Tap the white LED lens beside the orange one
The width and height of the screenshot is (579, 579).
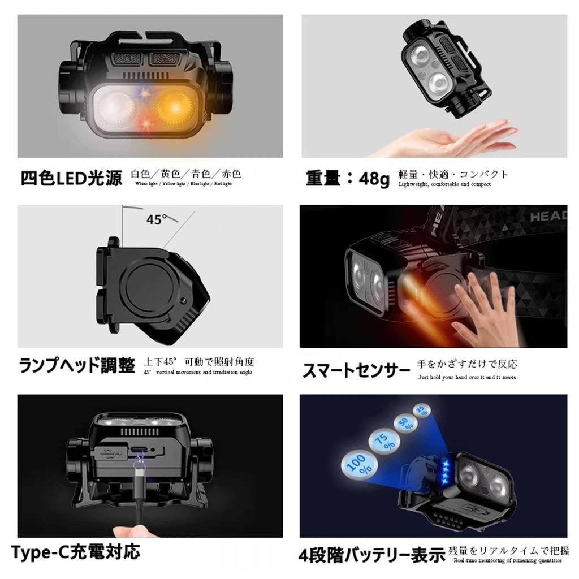pyautogui.click(x=117, y=107)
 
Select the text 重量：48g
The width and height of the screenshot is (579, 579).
pyautogui.click(x=348, y=178)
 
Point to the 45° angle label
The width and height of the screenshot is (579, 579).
pyautogui.click(x=157, y=219)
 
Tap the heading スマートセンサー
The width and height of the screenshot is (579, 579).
pyautogui.click(x=356, y=371)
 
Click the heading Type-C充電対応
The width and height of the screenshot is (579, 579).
pyautogui.click(x=75, y=551)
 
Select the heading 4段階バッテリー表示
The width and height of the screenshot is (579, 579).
pyautogui.click(x=371, y=555)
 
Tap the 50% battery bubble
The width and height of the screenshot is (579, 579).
pyautogui.click(x=404, y=424)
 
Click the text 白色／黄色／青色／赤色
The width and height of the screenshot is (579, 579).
pyautogui.click(x=186, y=174)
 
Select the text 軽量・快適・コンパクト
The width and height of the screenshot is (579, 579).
pyautogui.click(x=453, y=174)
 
